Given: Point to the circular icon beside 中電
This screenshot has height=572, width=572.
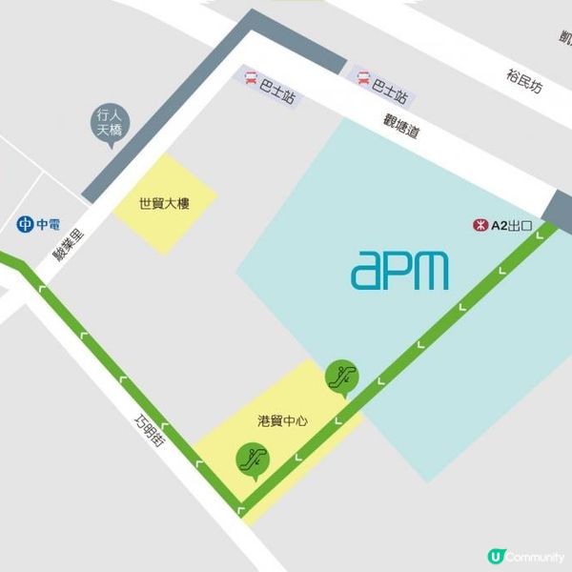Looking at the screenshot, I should [x=26, y=225].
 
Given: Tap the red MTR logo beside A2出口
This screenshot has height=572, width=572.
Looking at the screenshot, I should [x=480, y=226].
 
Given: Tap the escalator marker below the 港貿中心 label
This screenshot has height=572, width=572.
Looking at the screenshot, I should [x=253, y=460].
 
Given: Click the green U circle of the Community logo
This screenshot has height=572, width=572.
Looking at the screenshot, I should [x=495, y=556].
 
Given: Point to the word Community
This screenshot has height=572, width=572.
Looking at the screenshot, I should [x=534, y=556].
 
